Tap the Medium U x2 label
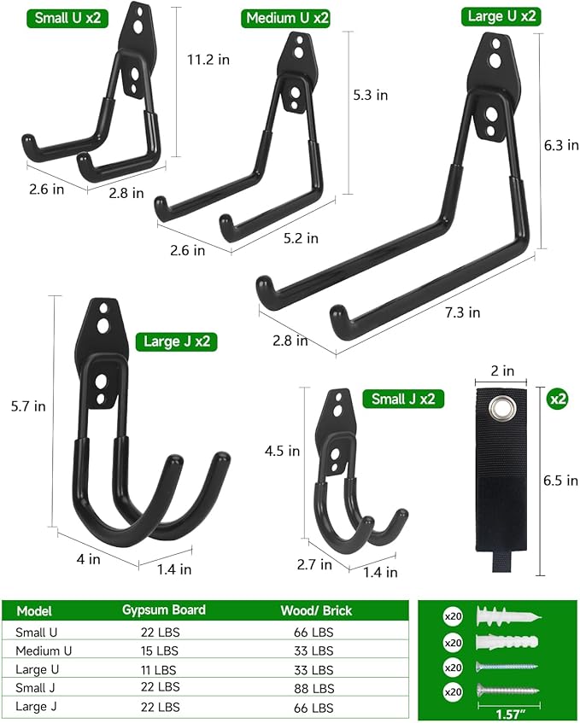tap(287, 18)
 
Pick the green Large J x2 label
tap(177, 342)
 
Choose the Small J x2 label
tap(403, 399)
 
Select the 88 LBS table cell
tap(316, 687)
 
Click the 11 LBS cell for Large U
tap(161, 669)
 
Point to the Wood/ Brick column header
tap(316, 610)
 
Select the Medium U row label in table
tap(43, 650)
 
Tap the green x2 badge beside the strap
tap(559, 399)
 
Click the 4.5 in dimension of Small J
tap(282, 450)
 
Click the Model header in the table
tap(34, 611)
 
